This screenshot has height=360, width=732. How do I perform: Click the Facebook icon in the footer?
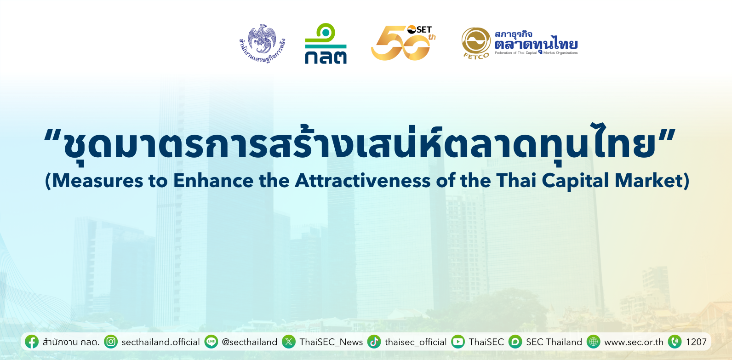tap(32, 342)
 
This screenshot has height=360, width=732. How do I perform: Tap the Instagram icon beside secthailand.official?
tap(111, 342)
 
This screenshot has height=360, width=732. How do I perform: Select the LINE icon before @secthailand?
tap(211, 342)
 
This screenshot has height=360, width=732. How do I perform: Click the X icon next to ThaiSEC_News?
tap(289, 342)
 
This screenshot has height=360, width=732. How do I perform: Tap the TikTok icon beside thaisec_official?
tap(374, 342)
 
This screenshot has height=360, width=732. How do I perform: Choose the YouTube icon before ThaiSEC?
tap(458, 342)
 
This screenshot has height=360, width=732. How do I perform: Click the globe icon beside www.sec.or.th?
tap(594, 342)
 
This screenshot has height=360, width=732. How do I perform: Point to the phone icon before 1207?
tap(675, 342)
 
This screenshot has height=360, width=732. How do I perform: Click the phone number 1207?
tap(696, 342)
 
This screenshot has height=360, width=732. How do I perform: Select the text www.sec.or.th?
tap(634, 342)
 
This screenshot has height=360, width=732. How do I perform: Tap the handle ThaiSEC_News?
tap(331, 342)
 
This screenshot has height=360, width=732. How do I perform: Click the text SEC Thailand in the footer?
tap(554, 342)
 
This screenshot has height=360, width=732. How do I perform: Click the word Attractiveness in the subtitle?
tap(363, 180)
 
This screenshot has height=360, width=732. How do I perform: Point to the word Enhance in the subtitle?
tap(213, 180)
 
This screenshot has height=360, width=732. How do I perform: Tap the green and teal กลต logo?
tap(326, 43)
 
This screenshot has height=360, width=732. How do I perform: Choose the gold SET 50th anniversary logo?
tap(403, 43)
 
